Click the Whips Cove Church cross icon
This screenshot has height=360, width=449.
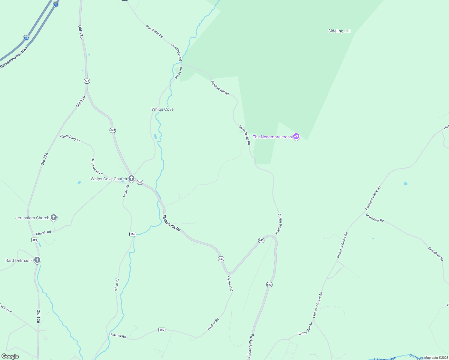131,178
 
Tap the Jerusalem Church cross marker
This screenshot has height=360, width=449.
54,217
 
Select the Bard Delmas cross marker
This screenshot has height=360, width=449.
37,260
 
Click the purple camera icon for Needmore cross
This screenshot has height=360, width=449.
296,136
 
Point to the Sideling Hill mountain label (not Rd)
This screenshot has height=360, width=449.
339,31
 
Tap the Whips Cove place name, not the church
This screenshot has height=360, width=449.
162,109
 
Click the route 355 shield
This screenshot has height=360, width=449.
133,234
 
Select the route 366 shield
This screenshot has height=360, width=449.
35,240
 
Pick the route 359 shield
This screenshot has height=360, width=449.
162,330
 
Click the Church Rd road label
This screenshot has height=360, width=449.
44,233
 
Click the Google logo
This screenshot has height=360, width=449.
10,356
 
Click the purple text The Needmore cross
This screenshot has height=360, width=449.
272,137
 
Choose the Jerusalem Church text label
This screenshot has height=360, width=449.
32,218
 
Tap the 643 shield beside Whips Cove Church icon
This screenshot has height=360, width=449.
140,182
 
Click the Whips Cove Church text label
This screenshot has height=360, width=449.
109,179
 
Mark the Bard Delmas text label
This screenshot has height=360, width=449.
19,260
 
